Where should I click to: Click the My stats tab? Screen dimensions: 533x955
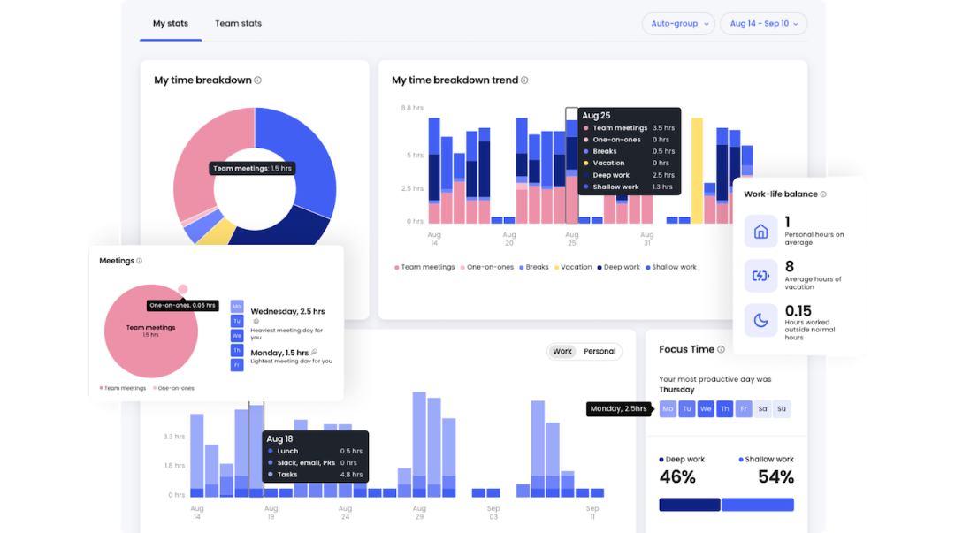point(171,23)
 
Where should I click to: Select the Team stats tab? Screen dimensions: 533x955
point(238,23)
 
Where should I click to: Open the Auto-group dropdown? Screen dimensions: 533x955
point(678,24)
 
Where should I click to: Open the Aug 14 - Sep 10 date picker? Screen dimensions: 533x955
point(763,24)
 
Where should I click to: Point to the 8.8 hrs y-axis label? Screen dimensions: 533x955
point(412,108)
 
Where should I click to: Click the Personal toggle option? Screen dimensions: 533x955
point(600,352)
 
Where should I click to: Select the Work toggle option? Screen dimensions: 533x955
point(562,352)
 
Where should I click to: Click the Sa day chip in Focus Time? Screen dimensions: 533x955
point(762,408)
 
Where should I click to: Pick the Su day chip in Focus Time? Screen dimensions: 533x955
point(781,408)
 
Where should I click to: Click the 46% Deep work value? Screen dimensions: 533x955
point(677,477)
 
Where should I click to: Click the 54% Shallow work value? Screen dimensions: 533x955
point(775,477)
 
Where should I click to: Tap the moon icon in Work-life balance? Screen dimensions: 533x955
point(760,321)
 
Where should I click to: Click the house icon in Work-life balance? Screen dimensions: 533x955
point(760,232)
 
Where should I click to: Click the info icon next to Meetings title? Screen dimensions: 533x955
point(140,261)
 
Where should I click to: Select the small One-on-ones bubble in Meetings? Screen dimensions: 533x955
point(182,289)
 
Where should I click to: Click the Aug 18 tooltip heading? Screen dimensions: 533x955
point(279,438)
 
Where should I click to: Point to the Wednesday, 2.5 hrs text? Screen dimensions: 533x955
point(287,312)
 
